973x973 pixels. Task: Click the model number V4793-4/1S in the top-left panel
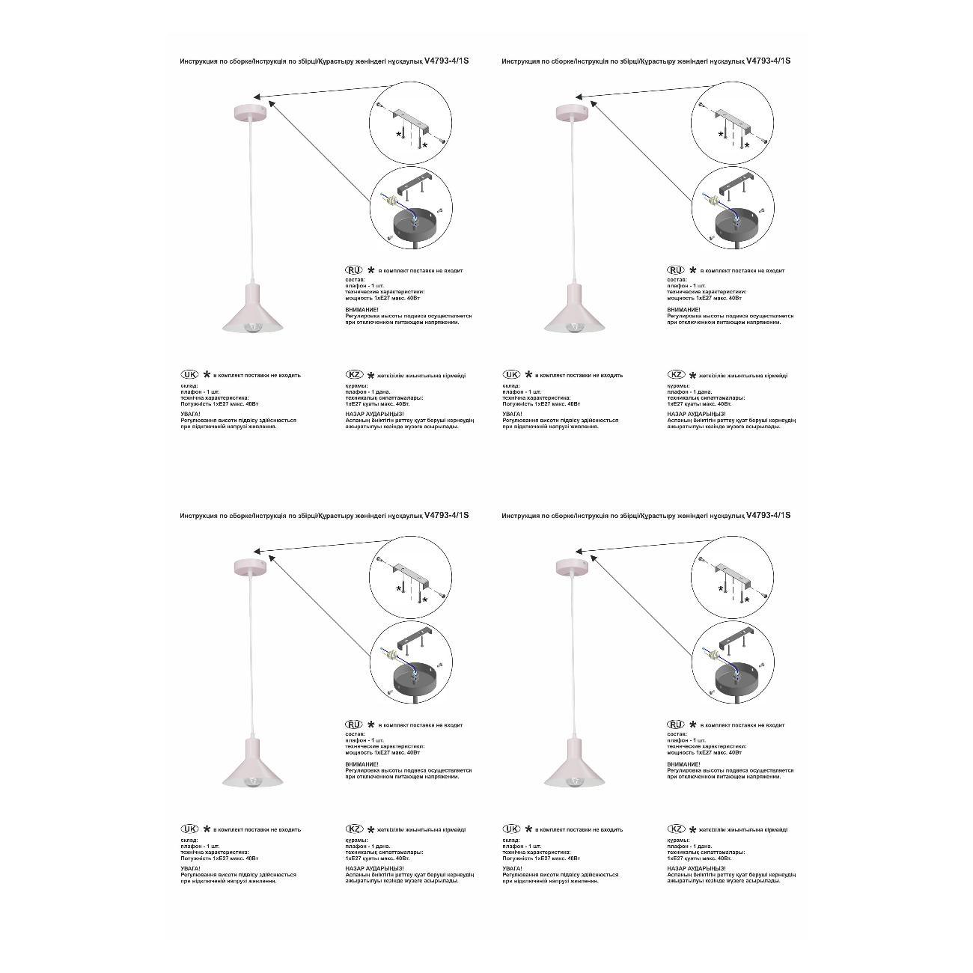(x=446, y=61)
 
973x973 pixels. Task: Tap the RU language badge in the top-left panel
(x=353, y=270)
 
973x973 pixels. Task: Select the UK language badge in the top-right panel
(x=512, y=375)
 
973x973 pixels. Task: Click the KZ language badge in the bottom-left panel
(x=354, y=829)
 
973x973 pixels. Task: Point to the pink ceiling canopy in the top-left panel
(x=248, y=113)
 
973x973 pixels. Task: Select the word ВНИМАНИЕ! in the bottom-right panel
(x=684, y=764)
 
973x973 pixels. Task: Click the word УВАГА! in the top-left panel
(x=190, y=414)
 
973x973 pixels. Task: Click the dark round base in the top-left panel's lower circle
(x=415, y=223)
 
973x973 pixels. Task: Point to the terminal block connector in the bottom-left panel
(x=388, y=655)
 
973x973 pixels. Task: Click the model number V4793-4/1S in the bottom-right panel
(x=769, y=516)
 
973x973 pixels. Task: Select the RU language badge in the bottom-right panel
(x=676, y=725)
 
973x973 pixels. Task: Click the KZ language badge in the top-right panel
(x=676, y=375)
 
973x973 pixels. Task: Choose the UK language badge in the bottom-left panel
(x=190, y=829)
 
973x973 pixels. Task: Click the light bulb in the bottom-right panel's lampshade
(x=576, y=781)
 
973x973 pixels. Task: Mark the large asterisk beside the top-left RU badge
(x=370, y=270)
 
